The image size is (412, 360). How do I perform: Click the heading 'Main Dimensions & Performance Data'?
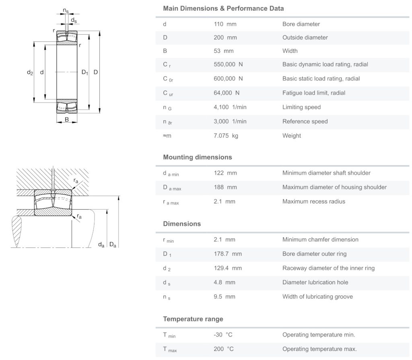[x=223, y=8]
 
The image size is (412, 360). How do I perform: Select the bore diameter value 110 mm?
[x=225, y=24]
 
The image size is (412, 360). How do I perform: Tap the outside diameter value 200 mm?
[x=225, y=37]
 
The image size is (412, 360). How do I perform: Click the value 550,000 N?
[x=228, y=64]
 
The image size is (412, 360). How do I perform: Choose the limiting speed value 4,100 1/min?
[x=230, y=107]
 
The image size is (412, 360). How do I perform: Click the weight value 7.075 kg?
[x=226, y=136]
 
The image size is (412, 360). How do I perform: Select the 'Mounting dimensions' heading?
[x=197, y=157]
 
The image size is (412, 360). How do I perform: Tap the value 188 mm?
[x=225, y=187]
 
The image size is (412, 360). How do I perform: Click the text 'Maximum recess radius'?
[x=313, y=201]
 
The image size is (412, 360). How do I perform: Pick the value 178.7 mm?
[x=228, y=254]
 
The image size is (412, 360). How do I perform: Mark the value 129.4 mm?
[x=228, y=268]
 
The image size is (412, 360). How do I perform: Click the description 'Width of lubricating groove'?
[x=317, y=297]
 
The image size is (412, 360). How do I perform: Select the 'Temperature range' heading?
[x=193, y=319]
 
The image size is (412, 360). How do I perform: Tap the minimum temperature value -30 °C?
[x=223, y=335]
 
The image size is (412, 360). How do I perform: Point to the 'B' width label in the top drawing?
[x=67, y=120]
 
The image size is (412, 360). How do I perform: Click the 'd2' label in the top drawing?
[x=30, y=72]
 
